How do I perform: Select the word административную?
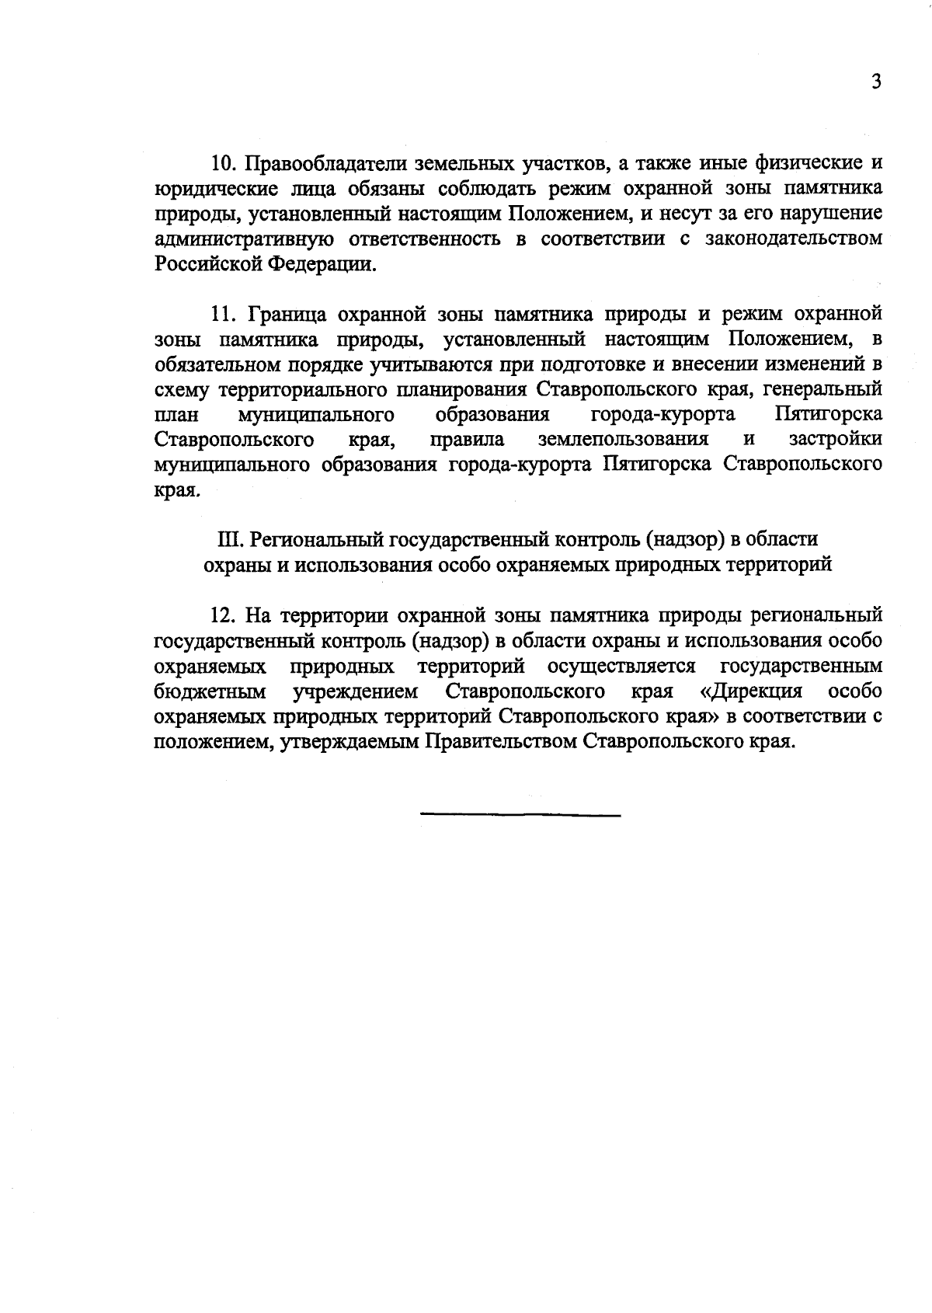245,239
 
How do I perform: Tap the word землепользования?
623,439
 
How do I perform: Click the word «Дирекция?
750,691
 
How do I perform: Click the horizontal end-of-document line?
520,814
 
